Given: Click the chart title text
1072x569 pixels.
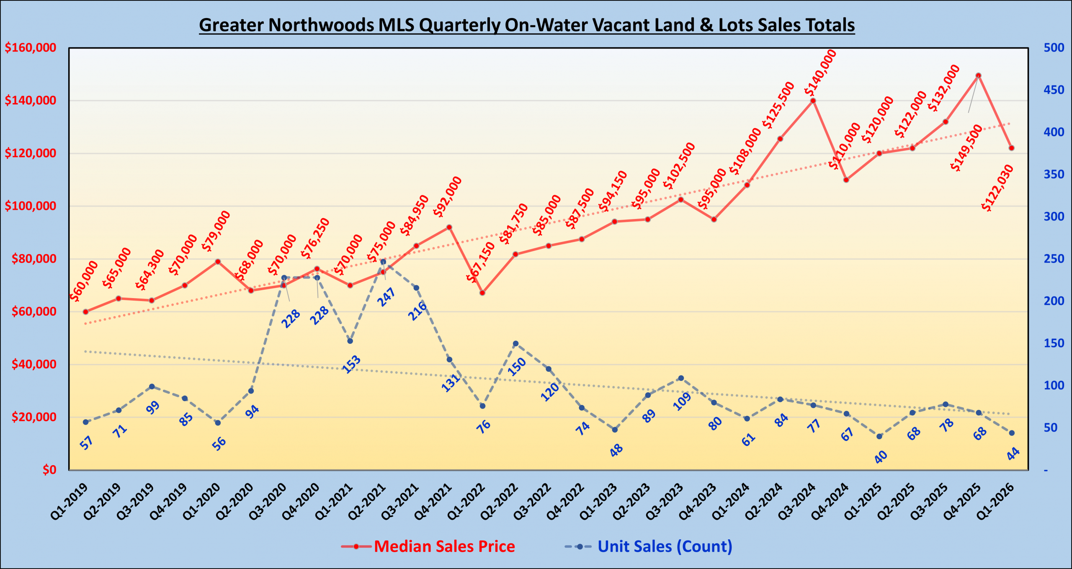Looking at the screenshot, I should point(526,25).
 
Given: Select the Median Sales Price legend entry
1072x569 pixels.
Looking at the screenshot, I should point(444,546).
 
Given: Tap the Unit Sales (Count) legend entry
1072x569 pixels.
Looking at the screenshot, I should point(664,546).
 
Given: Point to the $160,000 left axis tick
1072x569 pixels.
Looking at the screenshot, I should point(31,48).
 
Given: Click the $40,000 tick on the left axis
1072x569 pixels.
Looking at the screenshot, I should point(33,364).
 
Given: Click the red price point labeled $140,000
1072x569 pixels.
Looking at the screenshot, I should point(813,100).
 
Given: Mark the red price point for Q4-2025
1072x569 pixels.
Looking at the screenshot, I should point(979,75).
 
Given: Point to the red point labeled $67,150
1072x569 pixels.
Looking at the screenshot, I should point(482,293).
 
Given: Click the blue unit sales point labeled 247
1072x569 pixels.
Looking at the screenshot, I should point(383,262).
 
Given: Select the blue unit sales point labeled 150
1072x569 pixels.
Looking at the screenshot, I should point(515,344).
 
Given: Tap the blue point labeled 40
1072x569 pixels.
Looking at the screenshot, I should point(879,436).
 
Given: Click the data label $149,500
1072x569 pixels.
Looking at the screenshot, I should point(966,148).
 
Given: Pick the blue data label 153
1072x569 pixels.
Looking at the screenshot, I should point(351,364).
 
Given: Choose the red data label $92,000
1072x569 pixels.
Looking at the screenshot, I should point(447,197).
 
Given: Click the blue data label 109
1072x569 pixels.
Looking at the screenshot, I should point(682,402).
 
